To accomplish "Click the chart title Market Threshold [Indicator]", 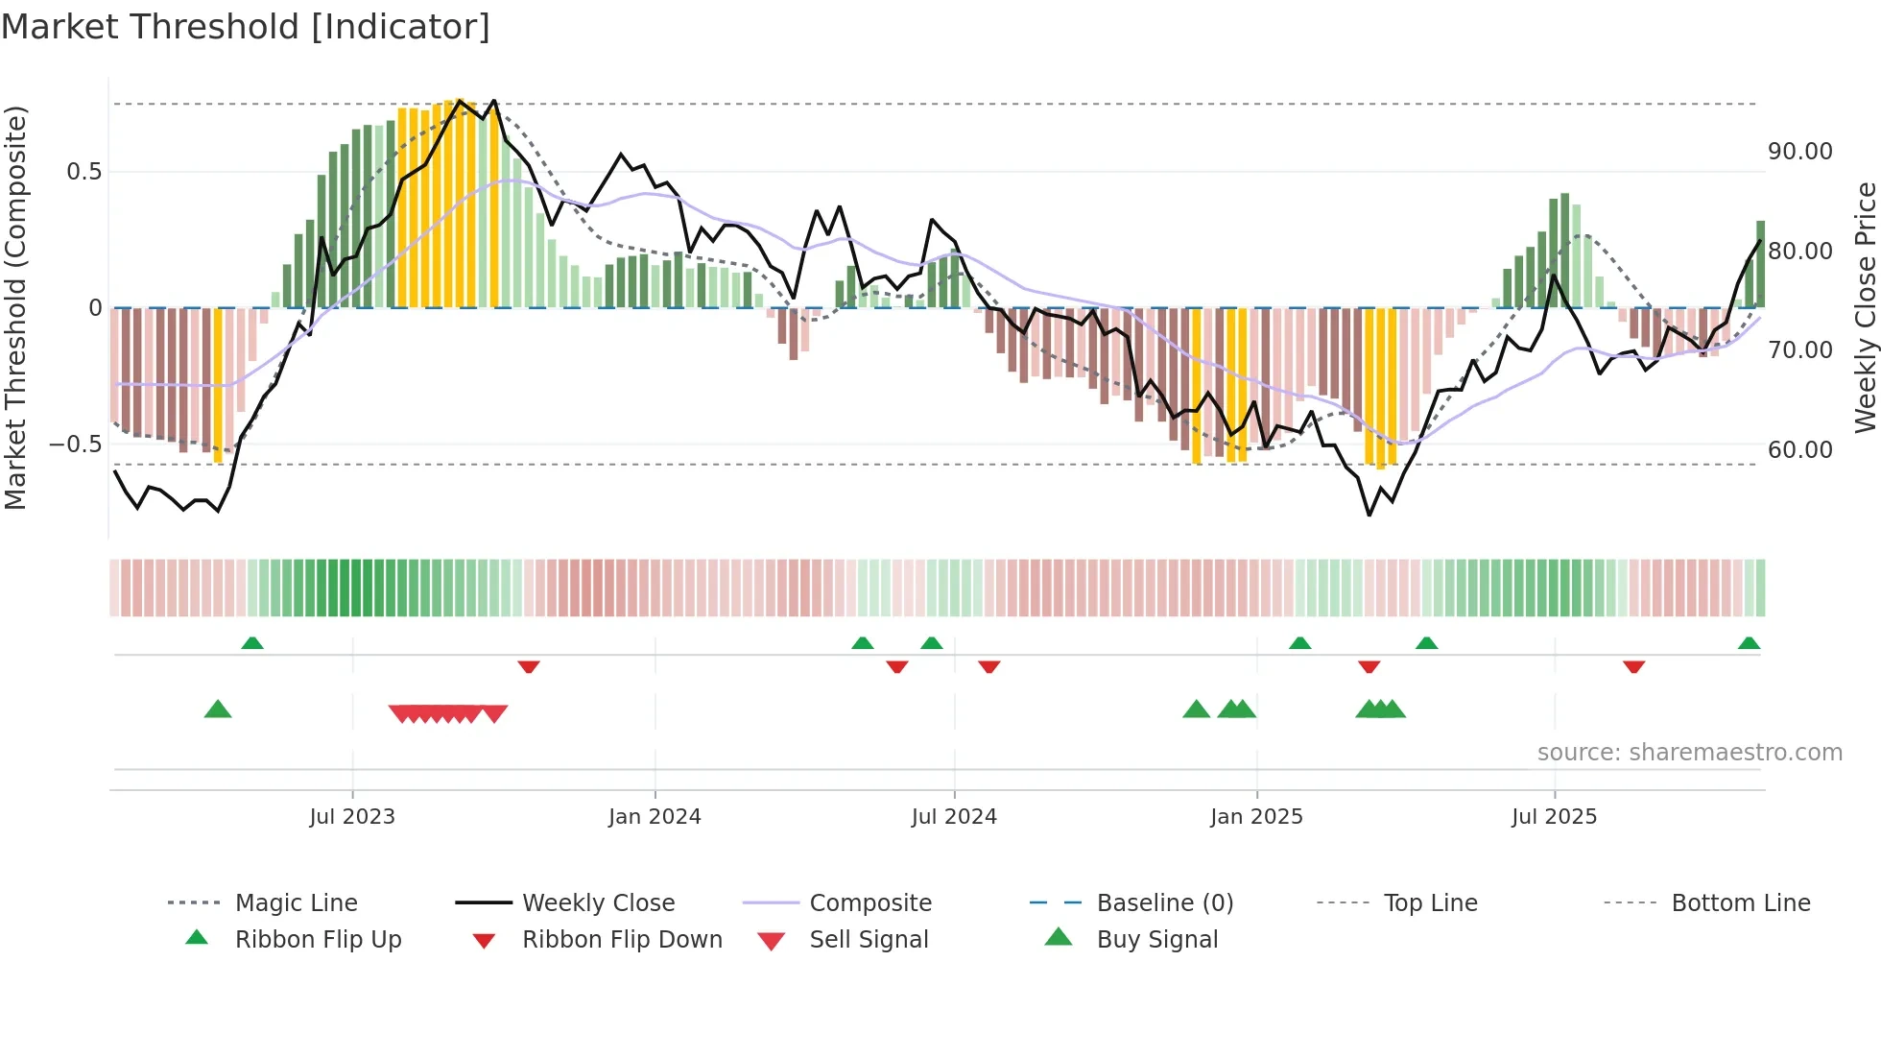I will pyautogui.click(x=246, y=27).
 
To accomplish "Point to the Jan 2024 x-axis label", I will pyautogui.click(x=655, y=817).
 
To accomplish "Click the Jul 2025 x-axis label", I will pyautogui.click(x=1554, y=817).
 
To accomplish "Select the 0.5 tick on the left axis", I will pyautogui.click(x=83, y=172).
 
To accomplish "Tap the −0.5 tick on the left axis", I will pyautogui.click(x=75, y=445).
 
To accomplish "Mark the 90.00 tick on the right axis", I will pyautogui.click(x=1799, y=152).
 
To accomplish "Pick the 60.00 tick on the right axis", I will pyautogui.click(x=1799, y=449).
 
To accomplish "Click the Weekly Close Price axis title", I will pyautogui.click(x=1865, y=307).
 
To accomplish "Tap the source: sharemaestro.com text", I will pyautogui.click(x=1689, y=753).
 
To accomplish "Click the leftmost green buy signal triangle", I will pyautogui.click(x=218, y=709).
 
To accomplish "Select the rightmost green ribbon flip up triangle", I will pyautogui.click(x=1749, y=643).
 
